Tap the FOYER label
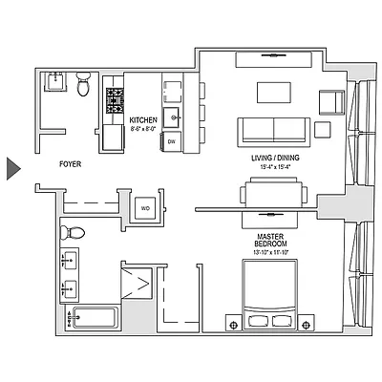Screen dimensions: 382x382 (x=70, y=164)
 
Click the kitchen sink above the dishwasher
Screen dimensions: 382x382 (x=172, y=117)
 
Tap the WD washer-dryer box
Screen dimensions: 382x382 (x=146, y=206)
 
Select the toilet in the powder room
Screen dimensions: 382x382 (x=83, y=88)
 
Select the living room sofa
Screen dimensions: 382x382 (x=274, y=129)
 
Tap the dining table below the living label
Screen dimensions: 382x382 (x=274, y=195)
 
